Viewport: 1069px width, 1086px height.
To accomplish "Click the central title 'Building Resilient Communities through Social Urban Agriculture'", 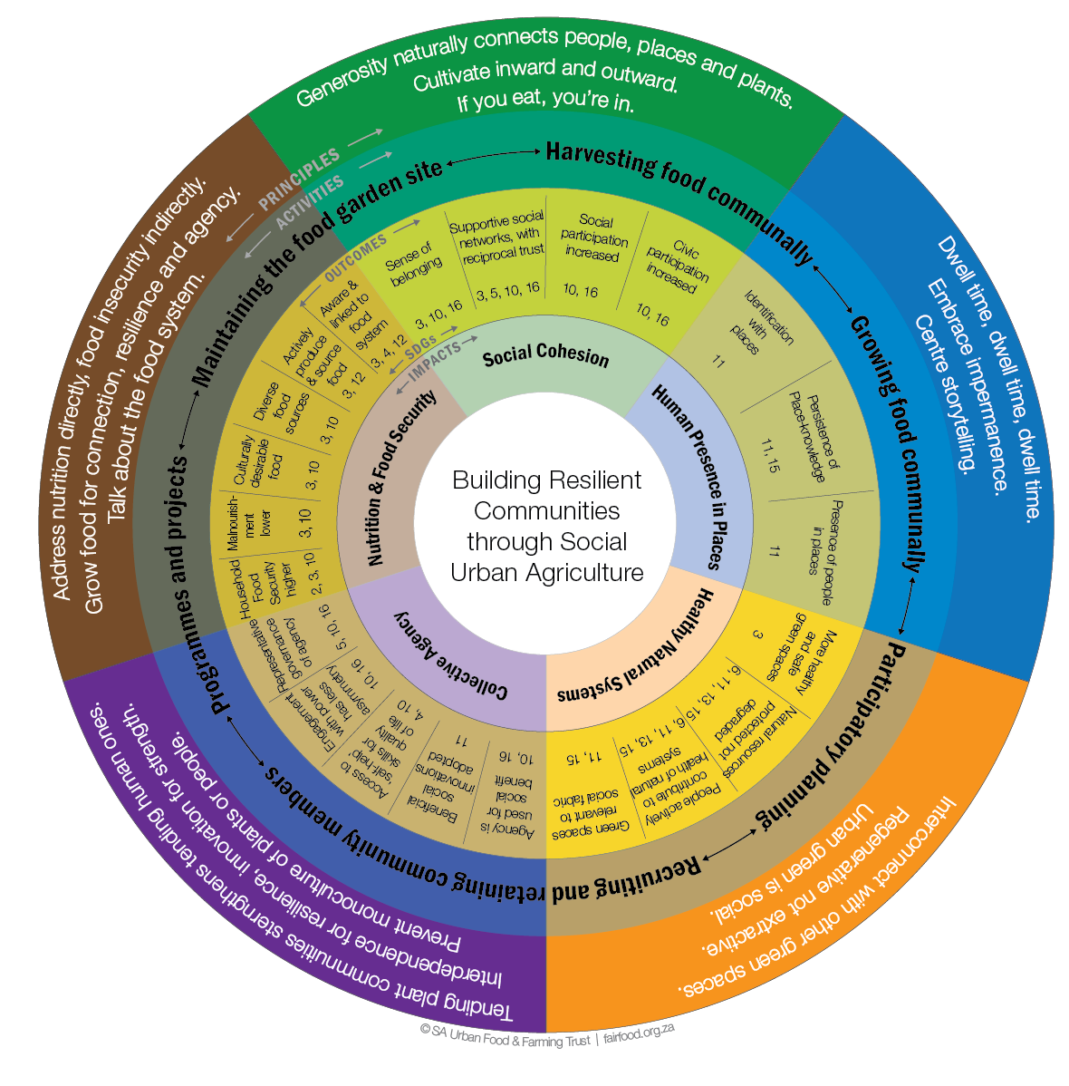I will pyautogui.click(x=546, y=527).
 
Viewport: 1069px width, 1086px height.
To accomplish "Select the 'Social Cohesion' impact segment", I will pyautogui.click(x=545, y=354).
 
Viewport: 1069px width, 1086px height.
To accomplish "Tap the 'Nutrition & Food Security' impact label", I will pyautogui.click(x=401, y=479).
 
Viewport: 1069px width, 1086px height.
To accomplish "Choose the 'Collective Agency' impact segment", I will pyautogui.click(x=450, y=655).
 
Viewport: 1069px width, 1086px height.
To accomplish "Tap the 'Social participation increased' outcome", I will pyautogui.click(x=594, y=238).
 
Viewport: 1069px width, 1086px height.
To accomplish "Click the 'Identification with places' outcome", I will pyautogui.click(x=759, y=323).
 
